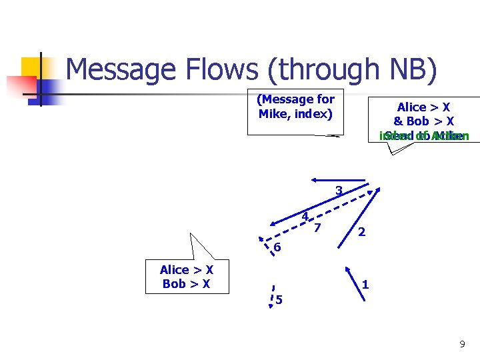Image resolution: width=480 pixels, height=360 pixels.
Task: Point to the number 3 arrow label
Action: point(339,191)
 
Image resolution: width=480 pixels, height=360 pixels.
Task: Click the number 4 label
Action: point(304,216)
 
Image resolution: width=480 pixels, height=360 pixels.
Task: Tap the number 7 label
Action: point(317,227)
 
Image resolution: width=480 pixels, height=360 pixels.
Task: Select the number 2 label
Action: point(361,232)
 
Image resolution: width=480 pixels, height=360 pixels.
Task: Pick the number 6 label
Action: point(277,248)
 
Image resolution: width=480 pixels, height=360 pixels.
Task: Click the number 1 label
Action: point(365,285)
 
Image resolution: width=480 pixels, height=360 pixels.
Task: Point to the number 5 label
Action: point(279,300)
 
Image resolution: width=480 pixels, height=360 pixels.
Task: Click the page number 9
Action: point(462,344)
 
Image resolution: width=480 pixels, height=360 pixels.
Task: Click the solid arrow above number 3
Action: point(338,180)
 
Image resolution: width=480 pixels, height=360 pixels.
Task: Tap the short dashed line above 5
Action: point(273,291)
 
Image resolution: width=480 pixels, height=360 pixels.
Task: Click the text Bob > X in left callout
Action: point(186,284)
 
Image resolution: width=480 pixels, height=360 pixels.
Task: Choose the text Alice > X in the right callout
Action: point(423,107)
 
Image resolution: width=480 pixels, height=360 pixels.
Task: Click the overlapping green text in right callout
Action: point(424,136)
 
